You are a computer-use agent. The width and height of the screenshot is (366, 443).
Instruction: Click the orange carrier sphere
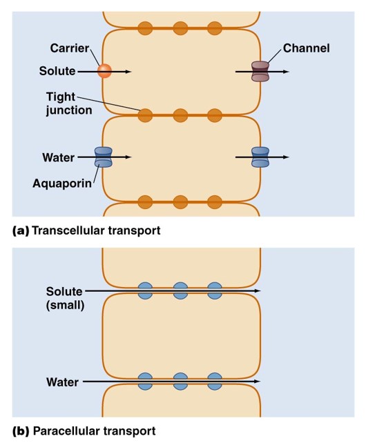[x=104, y=71]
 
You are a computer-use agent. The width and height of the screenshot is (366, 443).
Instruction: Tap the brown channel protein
[x=260, y=72]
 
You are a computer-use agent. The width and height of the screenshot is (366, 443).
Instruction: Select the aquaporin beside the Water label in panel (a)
[x=103, y=157]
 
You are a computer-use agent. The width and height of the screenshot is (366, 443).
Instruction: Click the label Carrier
[x=70, y=48]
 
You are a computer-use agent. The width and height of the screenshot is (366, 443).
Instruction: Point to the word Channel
[x=307, y=48]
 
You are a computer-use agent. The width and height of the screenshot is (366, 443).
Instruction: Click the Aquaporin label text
[x=62, y=184]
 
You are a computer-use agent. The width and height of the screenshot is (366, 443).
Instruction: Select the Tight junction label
[x=69, y=104]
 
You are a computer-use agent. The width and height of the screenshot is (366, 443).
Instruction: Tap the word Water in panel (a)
[x=59, y=157]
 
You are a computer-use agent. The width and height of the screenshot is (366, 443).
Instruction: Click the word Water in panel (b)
[x=63, y=382]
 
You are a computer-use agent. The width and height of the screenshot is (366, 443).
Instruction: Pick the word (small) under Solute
[x=66, y=306]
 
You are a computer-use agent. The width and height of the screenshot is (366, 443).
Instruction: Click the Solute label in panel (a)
[x=57, y=71]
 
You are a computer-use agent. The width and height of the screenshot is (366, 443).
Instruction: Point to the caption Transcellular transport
[x=96, y=230]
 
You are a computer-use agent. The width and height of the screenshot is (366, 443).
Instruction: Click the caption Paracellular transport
[x=94, y=431]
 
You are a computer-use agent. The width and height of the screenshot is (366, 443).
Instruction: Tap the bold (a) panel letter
[x=21, y=231]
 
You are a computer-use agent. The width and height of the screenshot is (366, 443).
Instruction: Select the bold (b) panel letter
[x=21, y=431]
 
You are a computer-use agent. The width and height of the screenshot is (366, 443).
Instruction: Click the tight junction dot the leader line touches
[x=145, y=115]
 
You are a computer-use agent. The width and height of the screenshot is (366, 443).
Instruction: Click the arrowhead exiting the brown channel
[x=286, y=72]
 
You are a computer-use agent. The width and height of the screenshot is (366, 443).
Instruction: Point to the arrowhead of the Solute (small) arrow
[x=257, y=291]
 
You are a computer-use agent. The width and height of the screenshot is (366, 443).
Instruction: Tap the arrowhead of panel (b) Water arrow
[x=257, y=382]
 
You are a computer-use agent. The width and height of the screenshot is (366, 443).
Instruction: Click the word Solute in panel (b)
[x=64, y=291]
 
